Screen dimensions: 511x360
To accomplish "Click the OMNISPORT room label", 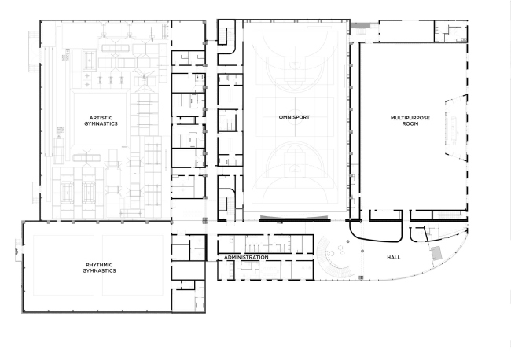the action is [294, 117].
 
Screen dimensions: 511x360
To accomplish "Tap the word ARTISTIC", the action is [101, 118].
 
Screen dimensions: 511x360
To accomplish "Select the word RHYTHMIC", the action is [99, 265].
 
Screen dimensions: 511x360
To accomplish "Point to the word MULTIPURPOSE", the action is [410, 118].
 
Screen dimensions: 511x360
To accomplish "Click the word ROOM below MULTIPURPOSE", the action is [410, 124].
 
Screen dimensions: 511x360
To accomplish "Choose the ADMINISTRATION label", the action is [246, 257].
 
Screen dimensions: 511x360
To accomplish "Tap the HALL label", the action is [394, 257].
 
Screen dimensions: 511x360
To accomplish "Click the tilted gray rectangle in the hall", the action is [436, 253].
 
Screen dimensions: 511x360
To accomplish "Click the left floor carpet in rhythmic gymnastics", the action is [64, 265].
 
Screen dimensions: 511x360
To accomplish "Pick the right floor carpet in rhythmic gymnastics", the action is [133, 265].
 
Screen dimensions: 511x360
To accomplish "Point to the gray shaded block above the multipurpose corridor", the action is [360, 25].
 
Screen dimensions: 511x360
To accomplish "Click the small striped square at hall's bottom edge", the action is [361, 277].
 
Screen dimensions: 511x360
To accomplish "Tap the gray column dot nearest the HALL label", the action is [362, 251].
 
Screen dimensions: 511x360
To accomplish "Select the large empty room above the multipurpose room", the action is [406, 31].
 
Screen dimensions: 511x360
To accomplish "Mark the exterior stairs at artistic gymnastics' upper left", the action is [34, 52].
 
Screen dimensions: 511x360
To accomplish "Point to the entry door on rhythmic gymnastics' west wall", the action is [18, 251].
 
